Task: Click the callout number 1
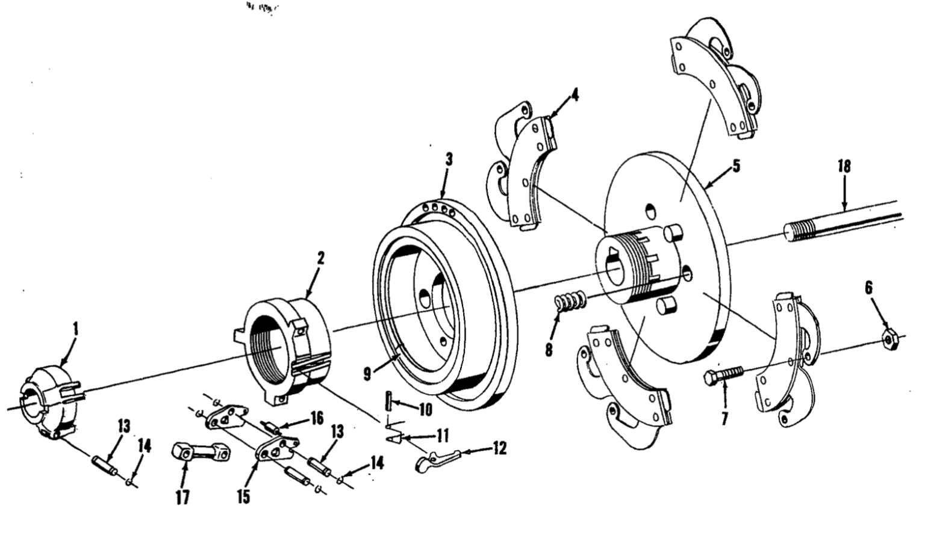coord(75,329)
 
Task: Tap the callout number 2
coord(320,259)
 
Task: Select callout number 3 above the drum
coord(449,159)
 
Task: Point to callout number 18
coord(844,167)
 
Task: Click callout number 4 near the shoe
coord(575,94)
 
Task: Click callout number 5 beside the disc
coord(736,167)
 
